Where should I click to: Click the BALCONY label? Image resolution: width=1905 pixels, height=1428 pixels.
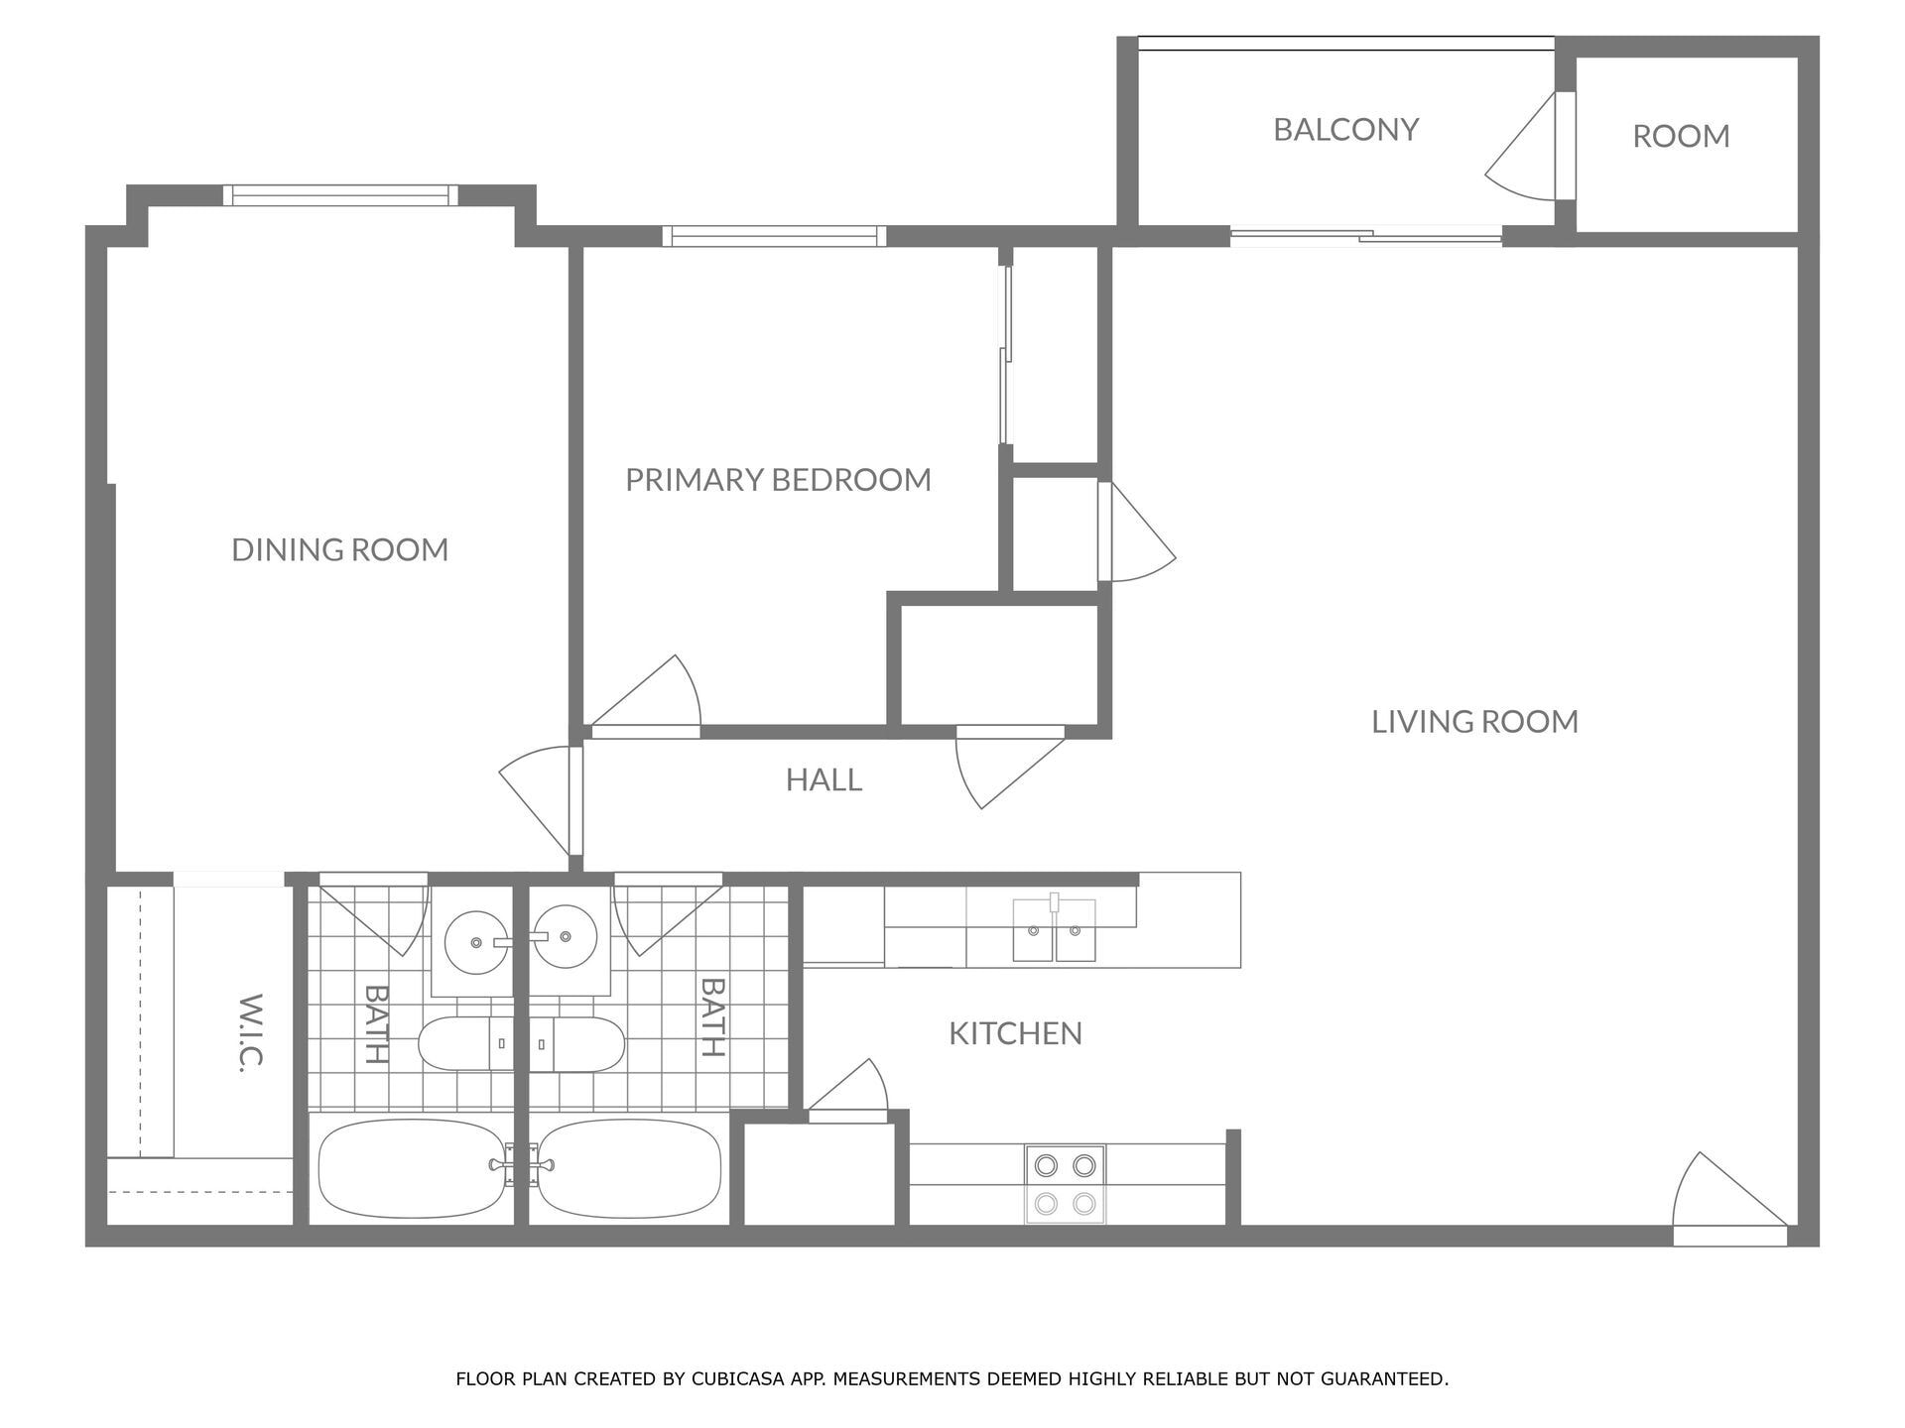tap(1345, 130)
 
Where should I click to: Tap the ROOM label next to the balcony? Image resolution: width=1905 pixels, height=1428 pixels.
tap(1681, 136)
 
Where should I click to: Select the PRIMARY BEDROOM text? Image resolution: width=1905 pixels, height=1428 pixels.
tap(778, 480)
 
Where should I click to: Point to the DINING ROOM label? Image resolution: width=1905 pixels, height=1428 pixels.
tap(339, 549)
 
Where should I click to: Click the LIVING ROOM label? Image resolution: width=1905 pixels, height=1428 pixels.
tap(1474, 722)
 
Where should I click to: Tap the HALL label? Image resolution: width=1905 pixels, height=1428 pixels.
tap(824, 780)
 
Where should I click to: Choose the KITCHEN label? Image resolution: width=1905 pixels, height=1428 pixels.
tap(1015, 1033)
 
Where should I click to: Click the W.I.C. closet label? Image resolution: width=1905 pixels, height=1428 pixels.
tap(250, 1031)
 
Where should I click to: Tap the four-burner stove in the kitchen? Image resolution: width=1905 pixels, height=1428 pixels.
tap(1065, 1184)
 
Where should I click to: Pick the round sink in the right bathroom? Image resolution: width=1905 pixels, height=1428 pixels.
tap(566, 935)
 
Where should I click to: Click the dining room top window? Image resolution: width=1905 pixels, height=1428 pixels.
tap(340, 195)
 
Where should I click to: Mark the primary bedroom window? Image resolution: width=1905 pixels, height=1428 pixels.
tap(774, 236)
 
